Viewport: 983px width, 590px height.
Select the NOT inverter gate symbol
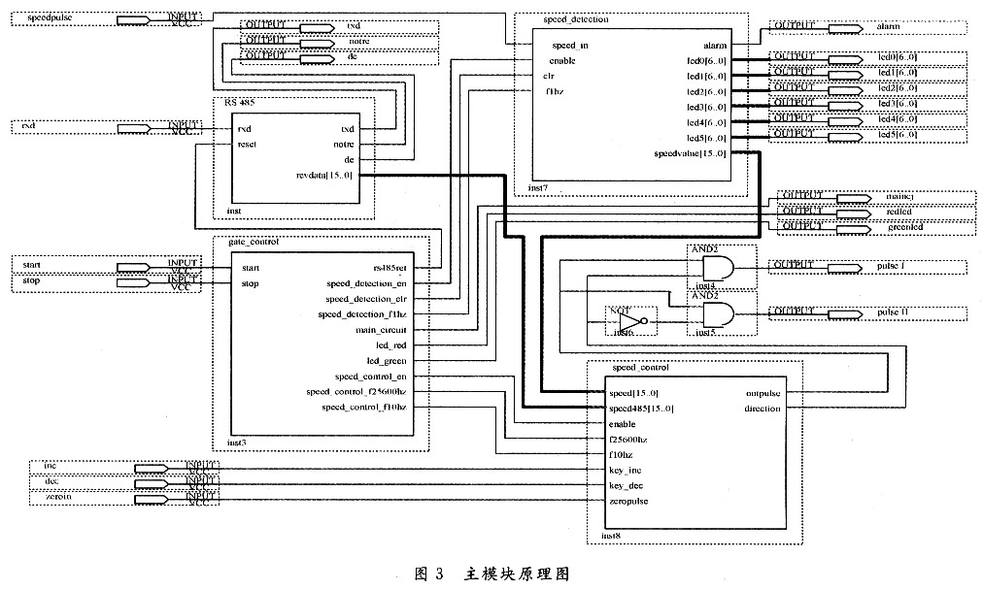click(630, 320)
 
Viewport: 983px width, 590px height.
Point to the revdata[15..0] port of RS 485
click(324, 176)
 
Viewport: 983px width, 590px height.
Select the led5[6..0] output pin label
click(897, 134)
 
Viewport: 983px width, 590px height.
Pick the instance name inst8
click(611, 535)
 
